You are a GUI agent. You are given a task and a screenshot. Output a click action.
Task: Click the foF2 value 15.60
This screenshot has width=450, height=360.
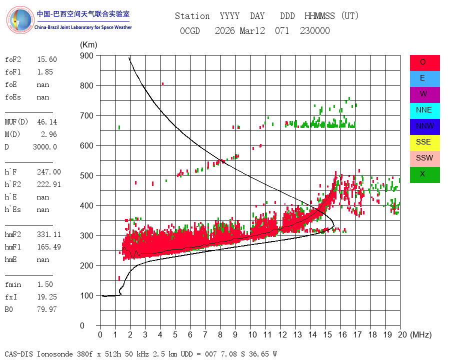47,59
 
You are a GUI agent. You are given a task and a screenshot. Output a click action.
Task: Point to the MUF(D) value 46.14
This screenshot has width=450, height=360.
47,122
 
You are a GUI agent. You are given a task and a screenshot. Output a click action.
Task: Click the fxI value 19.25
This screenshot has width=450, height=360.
47,297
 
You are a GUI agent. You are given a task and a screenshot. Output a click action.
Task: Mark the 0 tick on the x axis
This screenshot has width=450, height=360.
100,334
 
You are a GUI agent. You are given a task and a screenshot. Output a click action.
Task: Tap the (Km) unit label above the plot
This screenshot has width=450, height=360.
88,45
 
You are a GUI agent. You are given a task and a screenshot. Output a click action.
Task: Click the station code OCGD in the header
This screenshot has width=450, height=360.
190,31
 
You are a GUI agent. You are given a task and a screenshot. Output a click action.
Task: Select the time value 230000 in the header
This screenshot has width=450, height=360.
315,31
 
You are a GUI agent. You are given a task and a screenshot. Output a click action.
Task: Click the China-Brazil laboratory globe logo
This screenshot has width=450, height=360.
20,20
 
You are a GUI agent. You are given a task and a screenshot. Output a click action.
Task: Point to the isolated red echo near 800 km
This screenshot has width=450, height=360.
162,84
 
